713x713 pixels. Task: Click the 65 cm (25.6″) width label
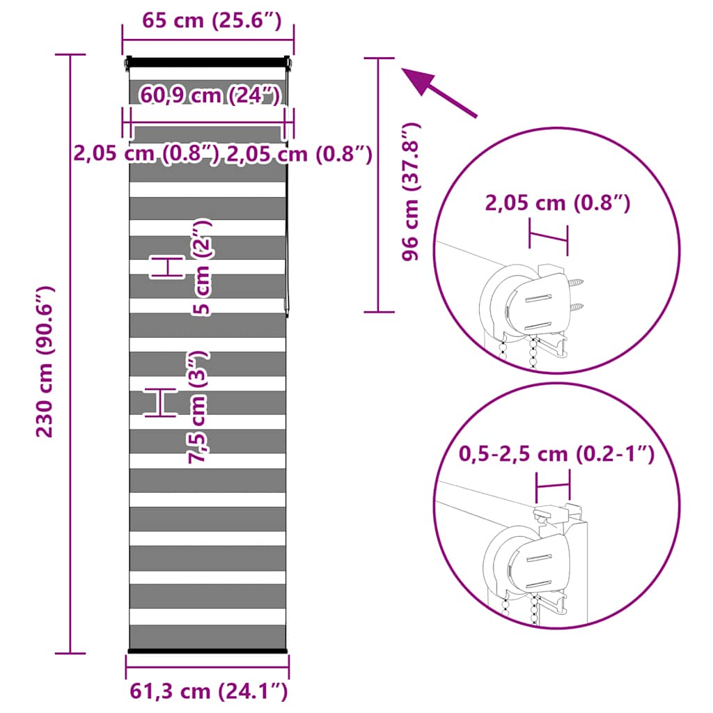click(x=212, y=21)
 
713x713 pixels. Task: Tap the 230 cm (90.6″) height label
click(x=45, y=362)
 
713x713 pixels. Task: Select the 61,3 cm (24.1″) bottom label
click(x=209, y=691)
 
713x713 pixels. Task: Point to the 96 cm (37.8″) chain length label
click(x=411, y=191)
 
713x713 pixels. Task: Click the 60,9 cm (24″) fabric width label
click(x=210, y=95)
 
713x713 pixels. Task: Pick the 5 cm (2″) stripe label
click(x=201, y=267)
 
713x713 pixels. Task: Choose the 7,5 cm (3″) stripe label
click(x=198, y=407)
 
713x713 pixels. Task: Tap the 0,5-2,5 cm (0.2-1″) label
click(x=556, y=453)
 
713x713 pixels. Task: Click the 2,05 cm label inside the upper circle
click(x=558, y=203)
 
